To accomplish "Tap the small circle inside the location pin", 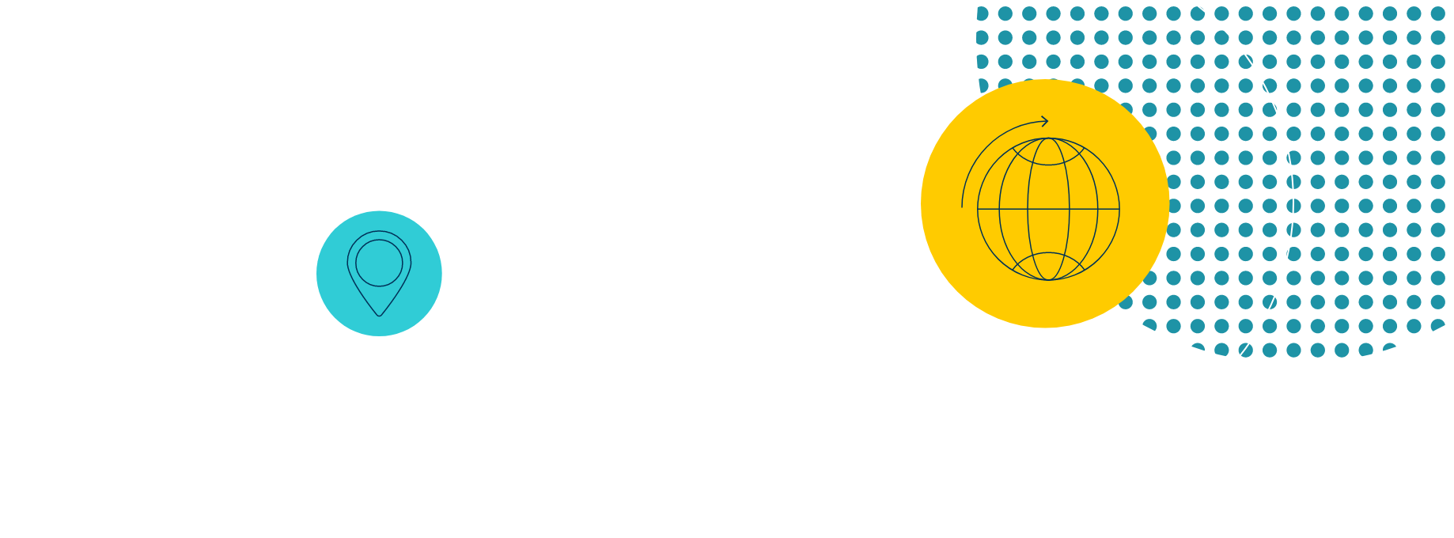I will click(379, 263).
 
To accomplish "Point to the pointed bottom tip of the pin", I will click(379, 316).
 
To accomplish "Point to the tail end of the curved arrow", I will click(963, 206).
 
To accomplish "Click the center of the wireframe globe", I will click(1048, 209).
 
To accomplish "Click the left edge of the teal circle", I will click(317, 273).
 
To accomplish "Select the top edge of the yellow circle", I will click(1045, 80).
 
